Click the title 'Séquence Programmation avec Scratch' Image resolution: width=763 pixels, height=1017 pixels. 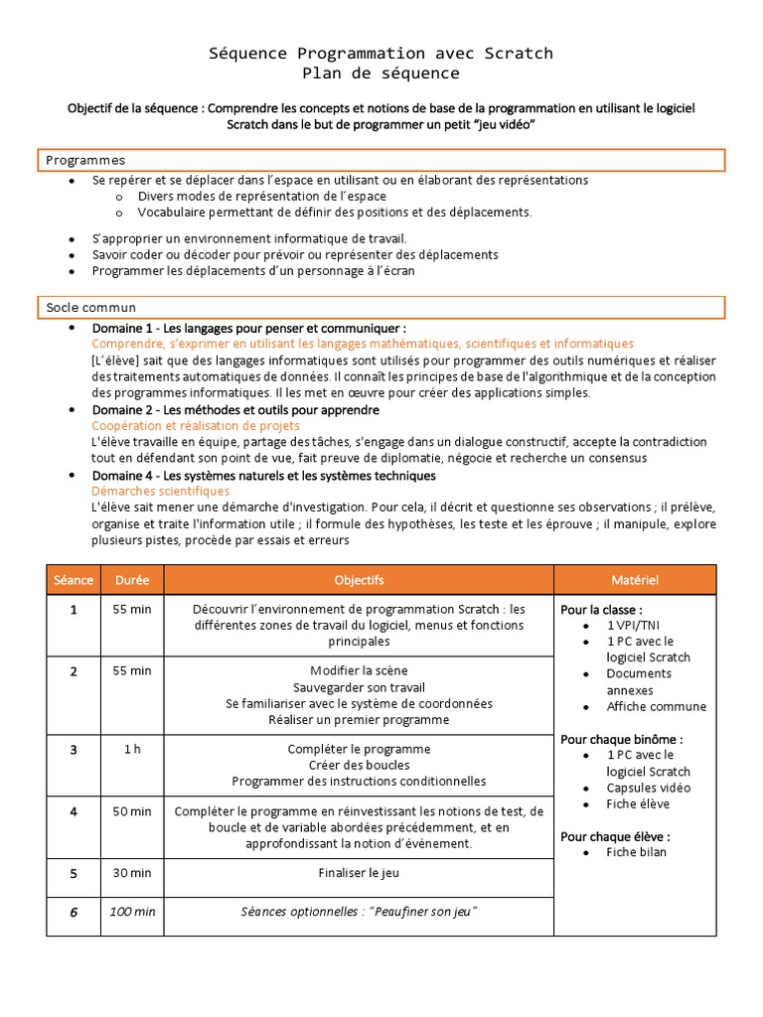(x=381, y=53)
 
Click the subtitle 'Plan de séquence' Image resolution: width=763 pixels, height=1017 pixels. (x=381, y=73)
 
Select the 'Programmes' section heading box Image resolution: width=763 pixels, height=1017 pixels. (x=381, y=159)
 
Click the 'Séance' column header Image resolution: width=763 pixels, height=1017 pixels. (x=74, y=580)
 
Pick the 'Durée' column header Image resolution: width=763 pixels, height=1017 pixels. (x=132, y=580)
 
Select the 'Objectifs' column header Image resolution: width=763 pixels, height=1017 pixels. (x=359, y=580)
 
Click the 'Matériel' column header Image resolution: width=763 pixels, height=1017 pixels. (x=634, y=580)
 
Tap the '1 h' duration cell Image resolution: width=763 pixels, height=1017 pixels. (x=132, y=749)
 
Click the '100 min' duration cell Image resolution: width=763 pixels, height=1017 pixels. (x=132, y=912)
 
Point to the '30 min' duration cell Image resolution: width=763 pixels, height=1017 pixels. (x=132, y=873)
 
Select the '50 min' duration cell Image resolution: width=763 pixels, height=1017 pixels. (x=132, y=811)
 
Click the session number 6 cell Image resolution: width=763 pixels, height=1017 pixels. (x=74, y=913)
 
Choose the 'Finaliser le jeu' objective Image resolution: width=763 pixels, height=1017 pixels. (x=359, y=873)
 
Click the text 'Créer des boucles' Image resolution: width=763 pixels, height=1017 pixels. (x=359, y=765)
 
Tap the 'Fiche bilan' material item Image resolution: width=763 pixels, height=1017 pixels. (x=637, y=852)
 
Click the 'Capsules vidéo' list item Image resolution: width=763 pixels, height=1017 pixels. (x=648, y=788)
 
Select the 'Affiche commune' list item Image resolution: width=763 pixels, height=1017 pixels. (x=656, y=707)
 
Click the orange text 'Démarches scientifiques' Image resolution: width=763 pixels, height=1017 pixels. (x=160, y=491)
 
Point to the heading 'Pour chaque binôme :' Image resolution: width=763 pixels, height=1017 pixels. (x=622, y=739)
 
